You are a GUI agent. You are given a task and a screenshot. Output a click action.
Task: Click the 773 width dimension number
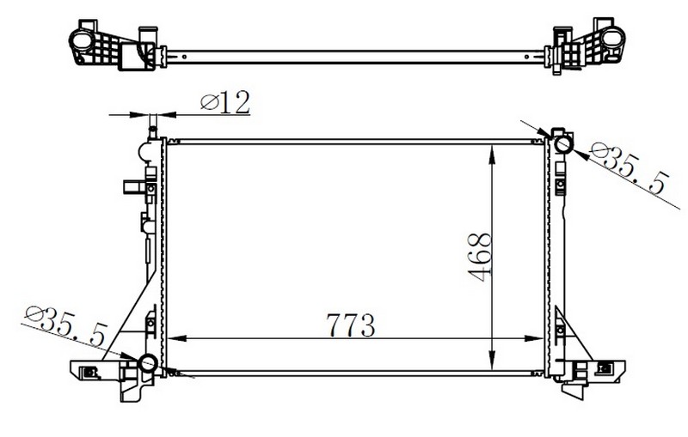(x=351, y=325)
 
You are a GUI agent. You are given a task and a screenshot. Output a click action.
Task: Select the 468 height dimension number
(x=480, y=257)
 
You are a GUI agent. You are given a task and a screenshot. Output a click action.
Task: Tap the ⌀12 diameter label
(x=225, y=102)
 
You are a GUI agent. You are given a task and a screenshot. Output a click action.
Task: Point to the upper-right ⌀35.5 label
(x=629, y=169)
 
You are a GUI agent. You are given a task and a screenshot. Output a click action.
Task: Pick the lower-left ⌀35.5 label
(x=67, y=325)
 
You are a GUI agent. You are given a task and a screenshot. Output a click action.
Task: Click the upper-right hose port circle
(x=563, y=143)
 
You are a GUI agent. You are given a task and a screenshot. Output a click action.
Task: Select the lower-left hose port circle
(x=148, y=363)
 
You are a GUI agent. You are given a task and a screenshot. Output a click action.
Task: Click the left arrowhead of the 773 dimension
(x=177, y=338)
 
